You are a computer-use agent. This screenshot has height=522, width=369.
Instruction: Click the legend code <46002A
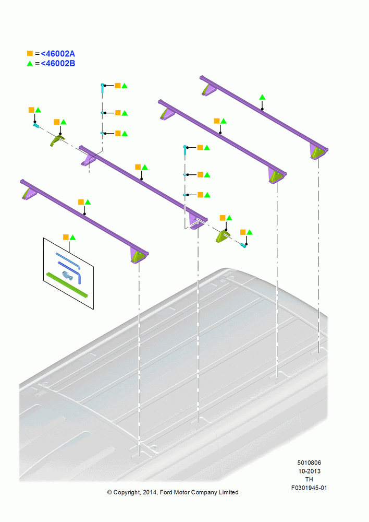[x=58, y=54]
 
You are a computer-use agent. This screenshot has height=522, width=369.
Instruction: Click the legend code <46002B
[x=58, y=64]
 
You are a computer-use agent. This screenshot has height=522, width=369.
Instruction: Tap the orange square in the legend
[x=30, y=54]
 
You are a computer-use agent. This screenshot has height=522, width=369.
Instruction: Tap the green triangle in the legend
[x=30, y=63]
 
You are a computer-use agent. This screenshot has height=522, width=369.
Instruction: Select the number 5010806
[x=309, y=462]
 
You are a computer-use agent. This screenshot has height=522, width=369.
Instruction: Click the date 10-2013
[x=309, y=471]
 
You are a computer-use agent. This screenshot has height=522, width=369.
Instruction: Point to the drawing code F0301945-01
[x=309, y=488]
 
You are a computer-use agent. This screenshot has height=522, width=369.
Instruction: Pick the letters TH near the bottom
[x=309, y=479]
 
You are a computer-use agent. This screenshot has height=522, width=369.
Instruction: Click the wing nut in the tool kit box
[x=67, y=275]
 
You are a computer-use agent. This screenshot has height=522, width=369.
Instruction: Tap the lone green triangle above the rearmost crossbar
[x=262, y=97]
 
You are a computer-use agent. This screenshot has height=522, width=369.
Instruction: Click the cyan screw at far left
[x=36, y=125]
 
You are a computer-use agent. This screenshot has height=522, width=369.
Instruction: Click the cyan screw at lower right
[x=244, y=245]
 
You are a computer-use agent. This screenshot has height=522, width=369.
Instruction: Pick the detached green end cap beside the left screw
[x=57, y=140]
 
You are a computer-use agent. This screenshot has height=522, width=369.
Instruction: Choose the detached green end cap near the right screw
[x=223, y=236]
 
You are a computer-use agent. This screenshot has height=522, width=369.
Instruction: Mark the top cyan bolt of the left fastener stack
[x=103, y=88]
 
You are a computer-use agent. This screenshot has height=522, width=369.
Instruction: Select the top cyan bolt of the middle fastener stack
[x=185, y=150]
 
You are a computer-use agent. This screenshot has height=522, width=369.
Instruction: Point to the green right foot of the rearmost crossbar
[x=317, y=152]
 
